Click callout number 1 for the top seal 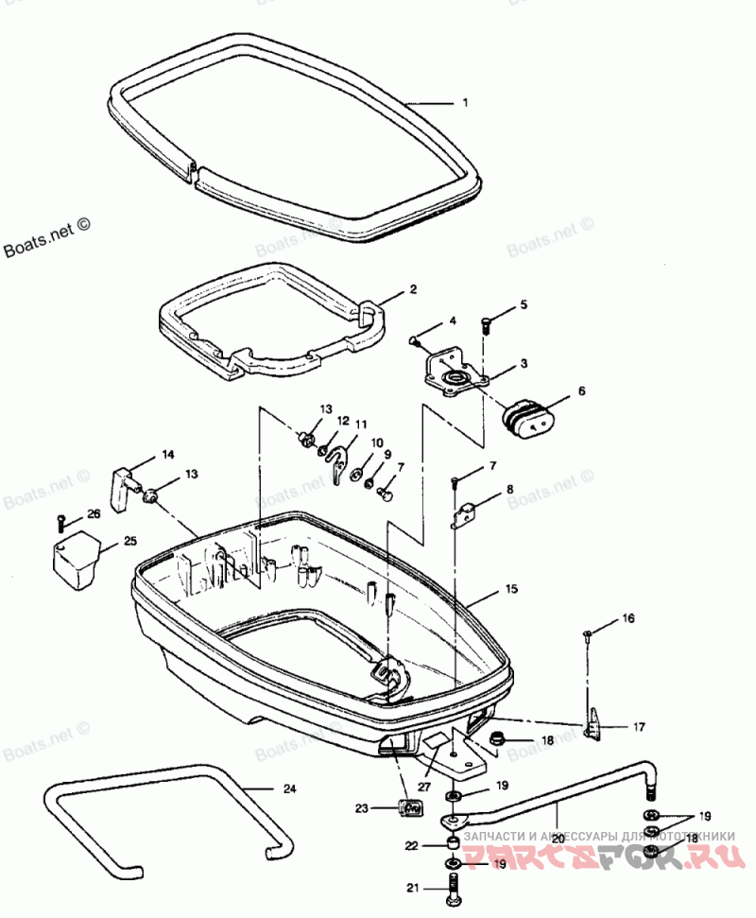(464, 102)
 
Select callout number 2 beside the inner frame (413, 290)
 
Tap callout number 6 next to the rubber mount (581, 390)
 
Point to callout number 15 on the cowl (511, 589)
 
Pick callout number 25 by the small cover (129, 541)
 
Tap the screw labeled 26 (62, 520)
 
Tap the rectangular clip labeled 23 (410, 809)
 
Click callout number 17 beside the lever (640, 727)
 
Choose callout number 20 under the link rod (558, 838)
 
